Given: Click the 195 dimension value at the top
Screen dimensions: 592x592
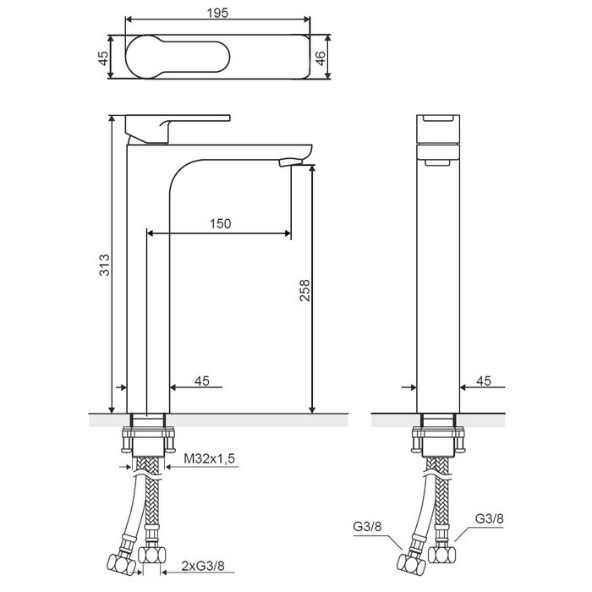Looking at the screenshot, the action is (218, 13).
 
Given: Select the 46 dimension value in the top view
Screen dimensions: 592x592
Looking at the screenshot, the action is (320, 58).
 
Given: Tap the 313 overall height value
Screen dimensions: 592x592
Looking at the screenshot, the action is (104, 265).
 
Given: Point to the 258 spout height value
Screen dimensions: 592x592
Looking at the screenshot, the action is (304, 290).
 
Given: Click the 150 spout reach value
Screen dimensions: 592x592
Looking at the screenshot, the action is (220, 223).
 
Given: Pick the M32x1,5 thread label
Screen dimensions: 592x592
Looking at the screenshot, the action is (209, 458).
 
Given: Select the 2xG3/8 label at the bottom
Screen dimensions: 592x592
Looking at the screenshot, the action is (203, 566).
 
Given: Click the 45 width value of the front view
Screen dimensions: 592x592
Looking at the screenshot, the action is (202, 381).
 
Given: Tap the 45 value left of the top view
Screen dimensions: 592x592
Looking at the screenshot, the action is (103, 58).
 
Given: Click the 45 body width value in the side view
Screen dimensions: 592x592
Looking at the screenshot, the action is (484, 381).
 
